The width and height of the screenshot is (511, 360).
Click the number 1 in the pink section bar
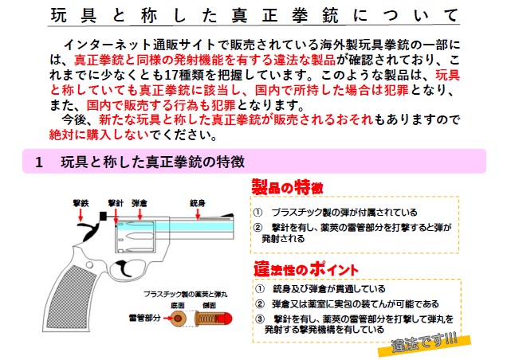coord(38,162)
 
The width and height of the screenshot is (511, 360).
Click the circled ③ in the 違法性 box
coord(260,319)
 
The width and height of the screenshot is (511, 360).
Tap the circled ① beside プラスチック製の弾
coord(259,213)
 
